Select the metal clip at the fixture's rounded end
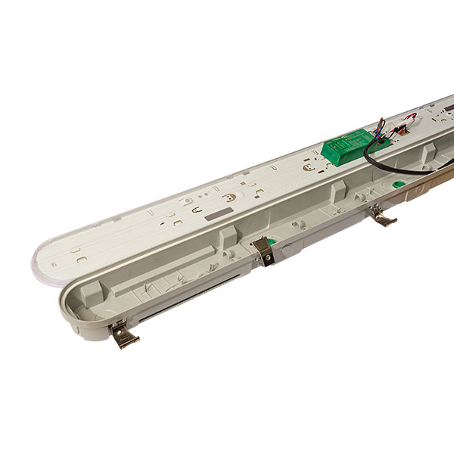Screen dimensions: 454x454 point(123,334)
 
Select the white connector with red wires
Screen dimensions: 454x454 point(409,119)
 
